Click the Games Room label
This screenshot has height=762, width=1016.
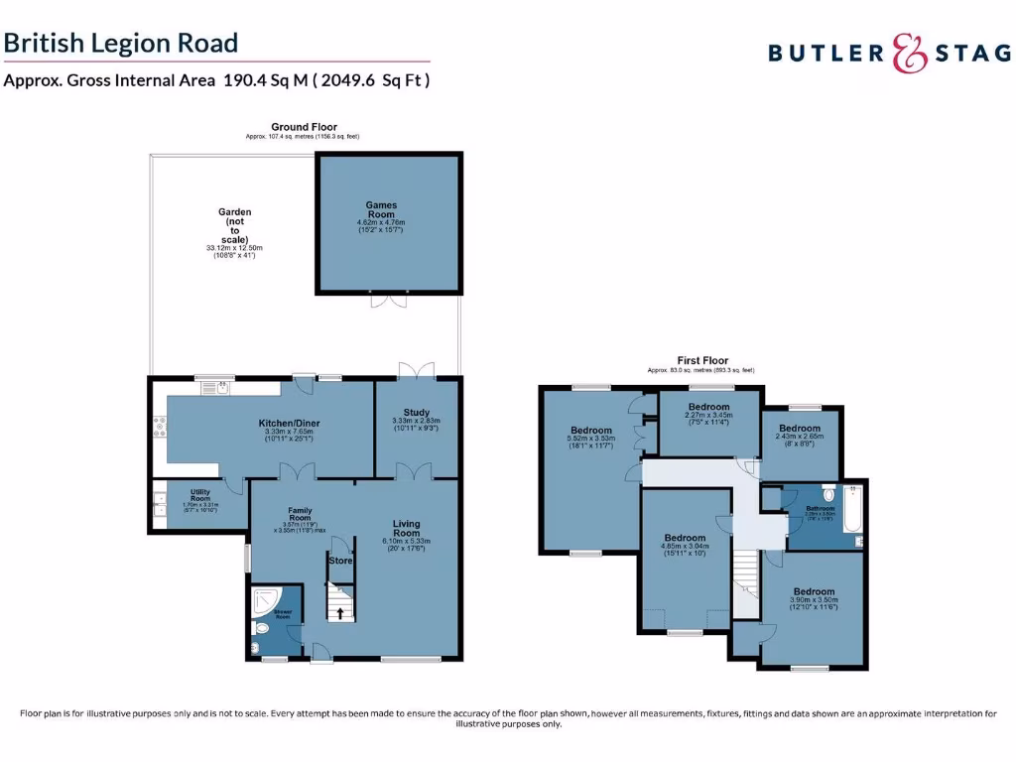click(x=381, y=209)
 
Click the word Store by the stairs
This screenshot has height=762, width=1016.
click(x=340, y=561)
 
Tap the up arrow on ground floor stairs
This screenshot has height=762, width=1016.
click(x=341, y=612)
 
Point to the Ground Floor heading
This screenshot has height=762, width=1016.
click(x=304, y=127)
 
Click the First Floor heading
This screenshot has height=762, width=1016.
click(x=702, y=360)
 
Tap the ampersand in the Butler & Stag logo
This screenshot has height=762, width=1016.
click(x=907, y=53)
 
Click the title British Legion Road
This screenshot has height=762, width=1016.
click(x=121, y=43)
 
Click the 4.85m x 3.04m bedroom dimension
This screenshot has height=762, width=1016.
click(x=685, y=546)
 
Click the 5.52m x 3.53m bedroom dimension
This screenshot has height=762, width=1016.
click(x=591, y=439)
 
